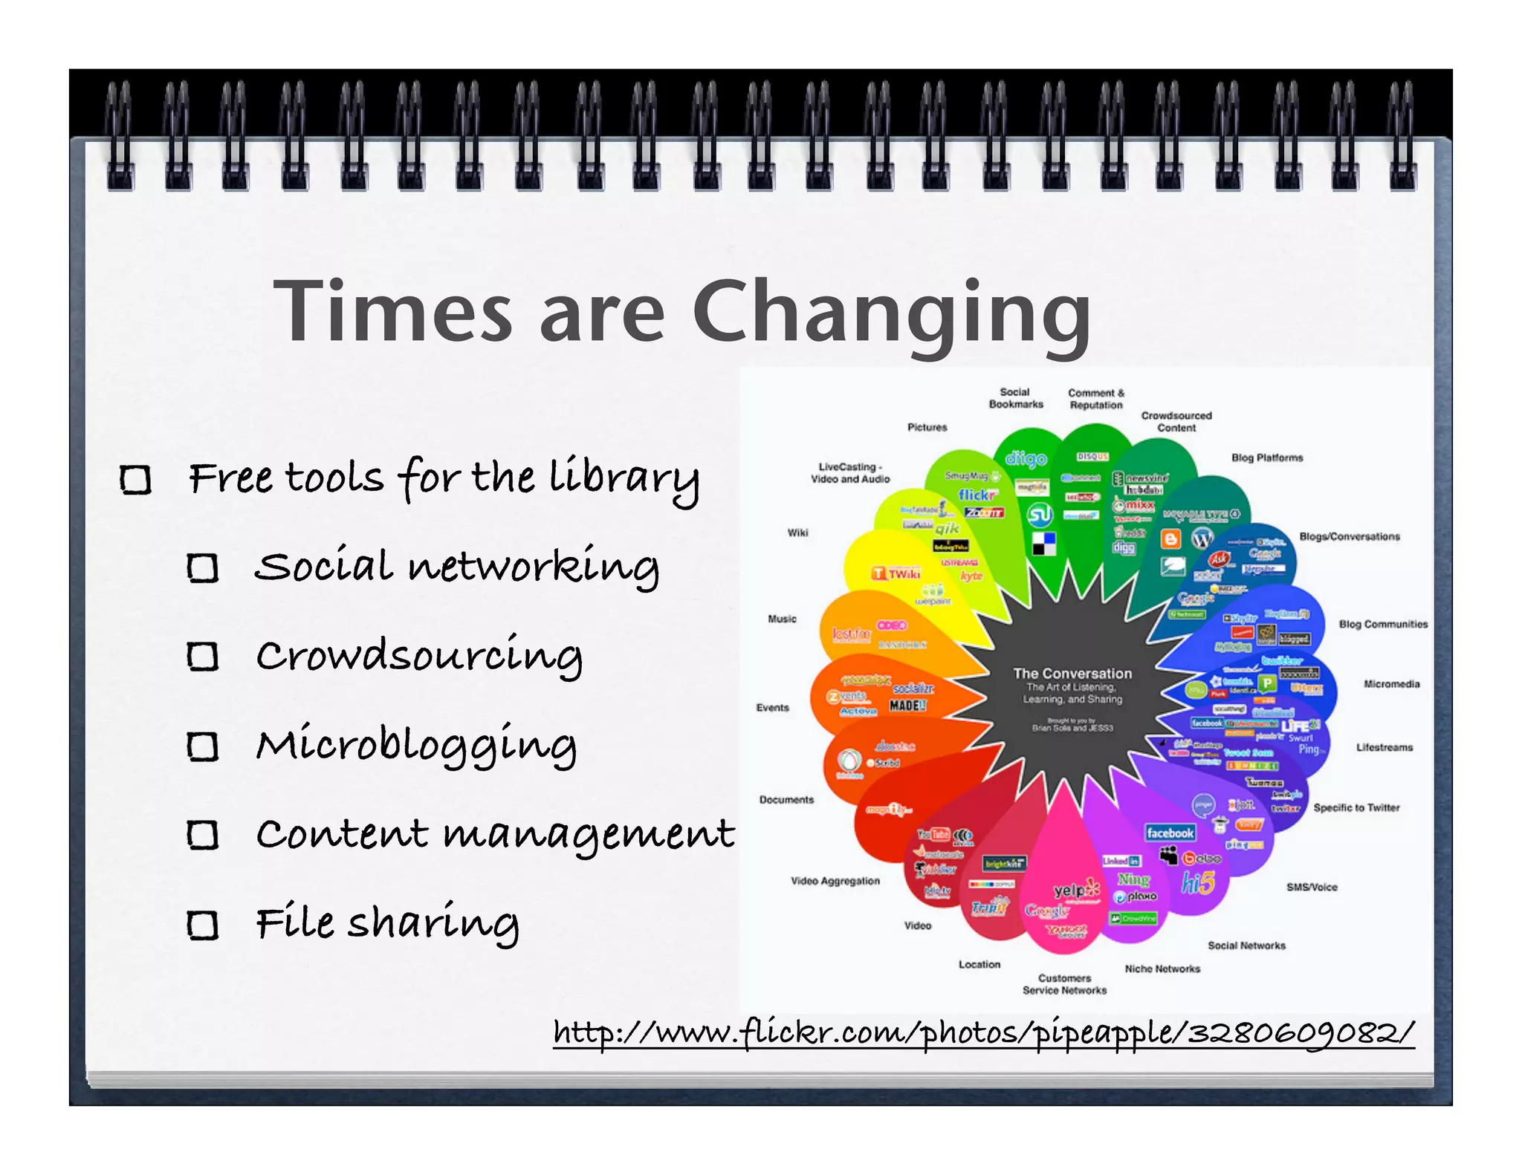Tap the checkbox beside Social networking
(202, 568)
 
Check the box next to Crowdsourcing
(202, 657)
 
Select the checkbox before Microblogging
(202, 746)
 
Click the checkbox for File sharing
(202, 925)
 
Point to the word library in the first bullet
(624, 479)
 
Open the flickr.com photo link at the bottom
(983, 1033)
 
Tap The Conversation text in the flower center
(1072, 674)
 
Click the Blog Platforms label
(1266, 458)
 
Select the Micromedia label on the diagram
(1391, 684)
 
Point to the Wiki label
(797, 533)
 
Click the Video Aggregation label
(835, 881)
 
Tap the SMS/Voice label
(1312, 887)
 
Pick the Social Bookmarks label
(1015, 398)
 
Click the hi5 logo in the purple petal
(1198, 883)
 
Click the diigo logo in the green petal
(1026, 459)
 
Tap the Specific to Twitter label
(1356, 807)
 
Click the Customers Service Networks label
(1064, 984)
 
